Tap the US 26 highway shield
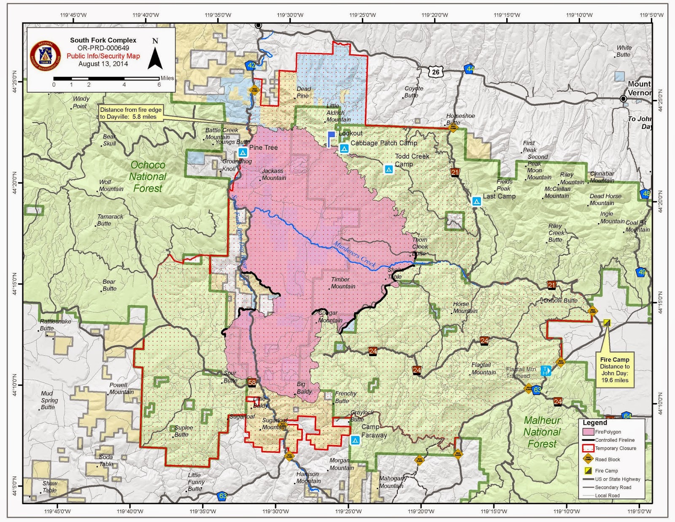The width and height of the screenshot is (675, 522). (435, 72)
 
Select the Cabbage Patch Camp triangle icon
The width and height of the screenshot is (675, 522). (344, 149)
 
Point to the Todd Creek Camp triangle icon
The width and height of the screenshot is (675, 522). (389, 170)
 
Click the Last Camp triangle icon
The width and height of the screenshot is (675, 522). (476, 201)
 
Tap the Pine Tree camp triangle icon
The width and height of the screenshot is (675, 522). (243, 152)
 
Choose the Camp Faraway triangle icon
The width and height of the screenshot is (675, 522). (355, 441)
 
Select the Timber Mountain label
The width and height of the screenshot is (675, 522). (343, 283)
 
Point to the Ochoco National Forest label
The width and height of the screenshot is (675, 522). (148, 177)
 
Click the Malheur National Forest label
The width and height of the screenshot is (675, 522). (542, 432)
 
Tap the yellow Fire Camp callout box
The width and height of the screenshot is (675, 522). (615, 370)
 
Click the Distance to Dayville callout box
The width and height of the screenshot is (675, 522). (130, 113)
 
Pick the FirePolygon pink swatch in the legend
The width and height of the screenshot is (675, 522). (588, 432)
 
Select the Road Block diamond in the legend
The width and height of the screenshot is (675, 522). (588, 459)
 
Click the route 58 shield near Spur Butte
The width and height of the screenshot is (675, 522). (252, 382)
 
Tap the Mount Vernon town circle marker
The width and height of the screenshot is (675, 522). (623, 99)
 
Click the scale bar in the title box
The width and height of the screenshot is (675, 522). (106, 78)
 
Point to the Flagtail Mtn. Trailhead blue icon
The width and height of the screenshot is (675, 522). (545, 371)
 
